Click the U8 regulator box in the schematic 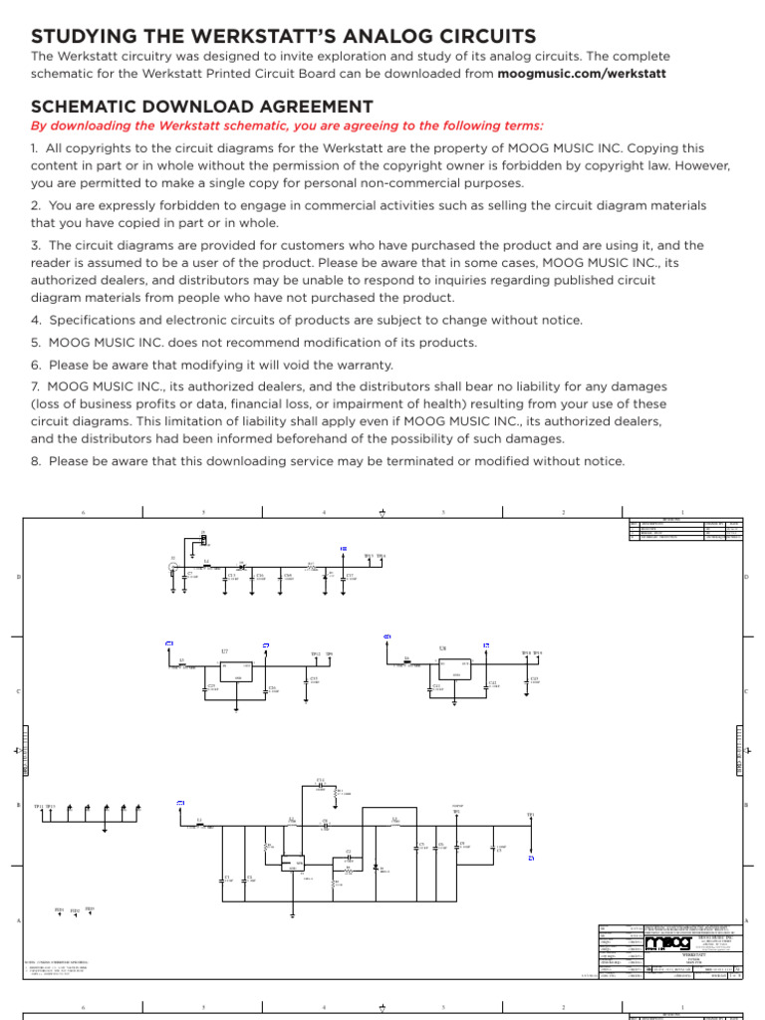(x=456, y=668)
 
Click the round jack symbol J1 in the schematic (x=173, y=568)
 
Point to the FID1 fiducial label (x=59, y=910)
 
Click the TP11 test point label (x=39, y=807)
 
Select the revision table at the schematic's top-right (x=686, y=529)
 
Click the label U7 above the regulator (x=225, y=651)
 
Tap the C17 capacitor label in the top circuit (x=350, y=576)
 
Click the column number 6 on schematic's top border (x=84, y=513)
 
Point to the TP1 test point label (x=531, y=815)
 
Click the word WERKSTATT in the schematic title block (x=693, y=954)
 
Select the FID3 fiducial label (x=90, y=908)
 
